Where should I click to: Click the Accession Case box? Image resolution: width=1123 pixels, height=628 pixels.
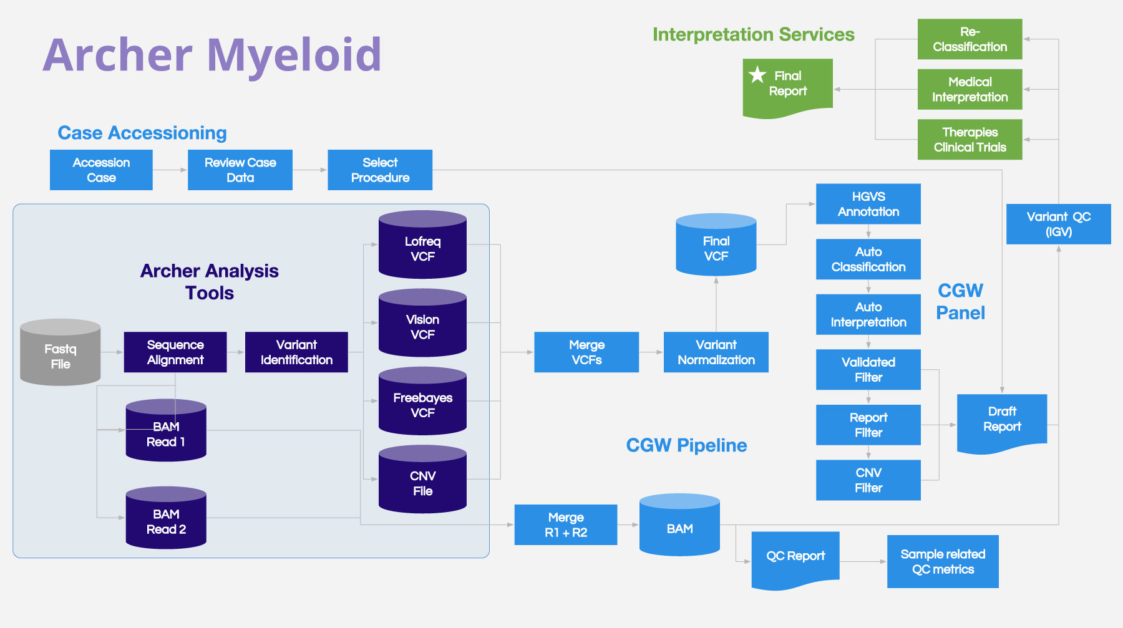tap(101, 170)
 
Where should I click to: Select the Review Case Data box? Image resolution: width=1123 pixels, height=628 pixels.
tap(240, 170)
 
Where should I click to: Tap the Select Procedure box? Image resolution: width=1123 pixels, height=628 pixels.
tap(380, 170)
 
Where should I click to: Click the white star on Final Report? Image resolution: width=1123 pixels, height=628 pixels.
tap(757, 75)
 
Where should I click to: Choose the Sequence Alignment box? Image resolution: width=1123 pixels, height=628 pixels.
tap(175, 352)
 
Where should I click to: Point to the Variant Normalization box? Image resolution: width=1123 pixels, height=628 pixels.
tap(716, 352)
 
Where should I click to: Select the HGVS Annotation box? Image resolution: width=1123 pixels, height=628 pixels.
tap(868, 204)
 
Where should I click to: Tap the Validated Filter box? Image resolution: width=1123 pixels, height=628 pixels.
tap(868, 370)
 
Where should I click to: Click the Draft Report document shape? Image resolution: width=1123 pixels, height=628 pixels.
tap(1002, 420)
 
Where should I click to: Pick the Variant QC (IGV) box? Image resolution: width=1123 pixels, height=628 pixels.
tap(1058, 224)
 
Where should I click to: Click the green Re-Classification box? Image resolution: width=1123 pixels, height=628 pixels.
tap(970, 39)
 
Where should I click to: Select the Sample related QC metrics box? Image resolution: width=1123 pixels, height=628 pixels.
tap(943, 561)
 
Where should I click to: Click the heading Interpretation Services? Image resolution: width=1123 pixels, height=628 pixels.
tap(753, 34)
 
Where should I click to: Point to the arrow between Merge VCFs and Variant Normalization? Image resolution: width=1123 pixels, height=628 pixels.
tap(651, 352)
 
